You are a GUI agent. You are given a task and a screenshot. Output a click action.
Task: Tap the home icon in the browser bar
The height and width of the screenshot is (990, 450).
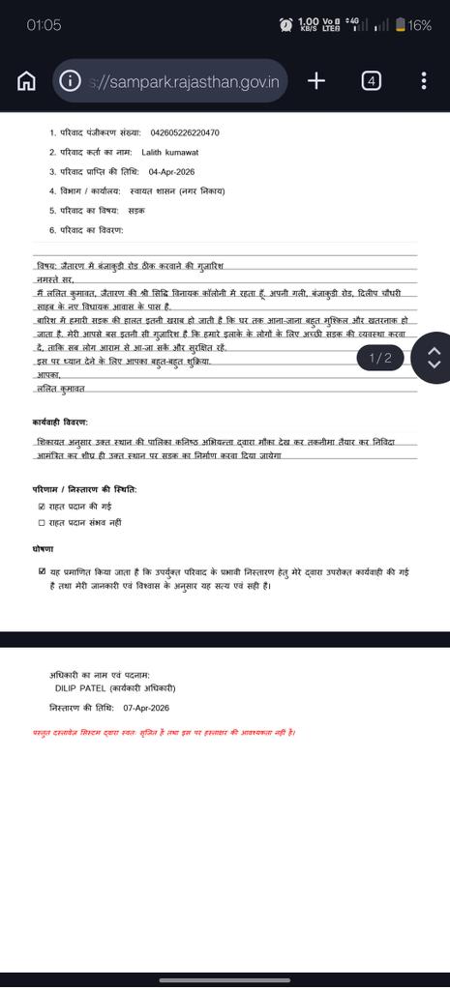[26, 81]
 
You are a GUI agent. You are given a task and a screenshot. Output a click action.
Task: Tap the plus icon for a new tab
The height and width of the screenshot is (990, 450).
[315, 81]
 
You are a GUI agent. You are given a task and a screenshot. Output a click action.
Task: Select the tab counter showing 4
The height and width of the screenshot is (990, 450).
[371, 81]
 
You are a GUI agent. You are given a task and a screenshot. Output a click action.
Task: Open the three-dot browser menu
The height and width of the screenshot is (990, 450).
[424, 81]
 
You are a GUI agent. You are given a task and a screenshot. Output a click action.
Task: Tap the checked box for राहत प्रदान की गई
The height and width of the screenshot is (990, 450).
[41, 506]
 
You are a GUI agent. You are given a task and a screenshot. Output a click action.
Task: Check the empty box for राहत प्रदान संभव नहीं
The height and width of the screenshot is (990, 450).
[41, 522]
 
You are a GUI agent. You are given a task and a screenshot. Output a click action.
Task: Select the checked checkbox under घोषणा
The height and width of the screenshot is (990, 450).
[41, 571]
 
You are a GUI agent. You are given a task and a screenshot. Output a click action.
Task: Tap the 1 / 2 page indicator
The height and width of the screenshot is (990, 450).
[380, 358]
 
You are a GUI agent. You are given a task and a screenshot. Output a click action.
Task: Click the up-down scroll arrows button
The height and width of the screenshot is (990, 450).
[434, 358]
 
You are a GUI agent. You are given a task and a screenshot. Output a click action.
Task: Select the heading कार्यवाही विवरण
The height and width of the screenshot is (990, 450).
[60, 422]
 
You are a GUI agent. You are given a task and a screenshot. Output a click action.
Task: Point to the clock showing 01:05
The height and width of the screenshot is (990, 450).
[44, 25]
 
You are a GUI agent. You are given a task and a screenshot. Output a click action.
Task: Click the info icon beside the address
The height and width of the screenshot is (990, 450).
[70, 81]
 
